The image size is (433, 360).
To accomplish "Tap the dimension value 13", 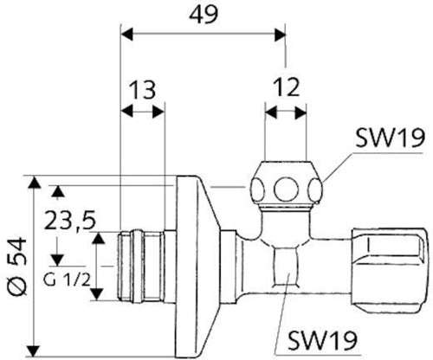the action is point(142,89).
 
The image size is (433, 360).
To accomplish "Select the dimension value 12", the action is point(286,87).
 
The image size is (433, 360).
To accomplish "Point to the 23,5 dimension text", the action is point(69,220).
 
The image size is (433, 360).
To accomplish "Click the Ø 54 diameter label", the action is point(17,267).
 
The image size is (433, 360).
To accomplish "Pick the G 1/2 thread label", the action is point(67,280).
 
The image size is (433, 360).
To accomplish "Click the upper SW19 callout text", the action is point(390,138).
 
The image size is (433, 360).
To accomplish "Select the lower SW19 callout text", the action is point(323,340).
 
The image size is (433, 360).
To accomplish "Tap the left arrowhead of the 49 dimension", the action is point(127,35).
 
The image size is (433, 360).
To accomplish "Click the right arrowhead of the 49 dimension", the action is point(280,35).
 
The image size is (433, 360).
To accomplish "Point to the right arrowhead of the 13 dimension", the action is point(158,112).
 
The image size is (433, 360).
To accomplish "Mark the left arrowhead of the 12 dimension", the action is point(271,112).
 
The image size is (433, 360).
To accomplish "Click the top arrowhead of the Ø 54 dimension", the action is point(35,183).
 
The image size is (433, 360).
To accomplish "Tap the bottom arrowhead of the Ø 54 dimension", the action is point(35,350).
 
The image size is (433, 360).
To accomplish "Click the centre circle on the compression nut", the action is point(284,190).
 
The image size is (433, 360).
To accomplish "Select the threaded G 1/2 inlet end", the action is point(141,266).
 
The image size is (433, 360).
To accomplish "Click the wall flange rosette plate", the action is point(197,266).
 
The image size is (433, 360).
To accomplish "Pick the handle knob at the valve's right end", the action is point(389,267).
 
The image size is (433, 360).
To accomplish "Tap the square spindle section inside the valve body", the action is point(286,267).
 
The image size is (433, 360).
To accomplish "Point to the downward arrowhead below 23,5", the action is point(57,260).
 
